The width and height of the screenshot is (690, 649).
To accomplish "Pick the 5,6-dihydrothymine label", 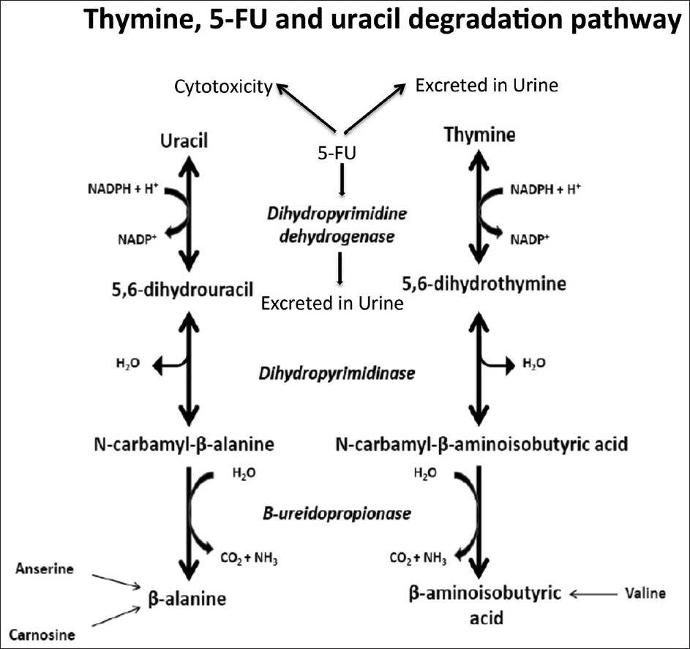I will click(x=484, y=283).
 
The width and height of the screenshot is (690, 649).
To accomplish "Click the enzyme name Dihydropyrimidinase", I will click(x=337, y=372).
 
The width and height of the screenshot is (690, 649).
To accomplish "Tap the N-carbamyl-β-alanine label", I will click(x=184, y=443).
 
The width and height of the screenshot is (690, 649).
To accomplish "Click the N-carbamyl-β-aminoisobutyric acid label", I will click(x=481, y=443).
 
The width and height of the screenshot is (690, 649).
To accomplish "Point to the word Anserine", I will click(x=45, y=569).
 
